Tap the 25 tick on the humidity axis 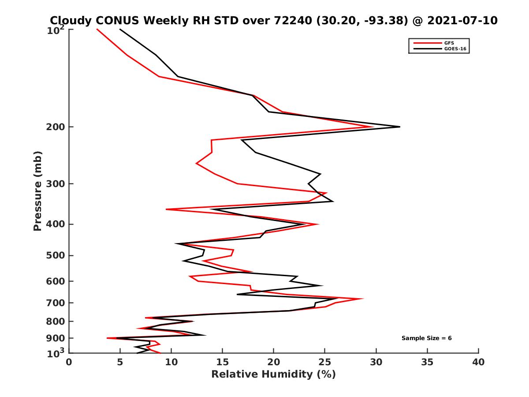pyautogui.click(x=325, y=363)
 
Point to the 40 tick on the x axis pyautogui.click(x=478, y=363)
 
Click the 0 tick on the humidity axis pyautogui.click(x=69, y=363)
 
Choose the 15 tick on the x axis pyautogui.click(x=223, y=363)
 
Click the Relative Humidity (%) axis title pyautogui.click(x=273, y=375)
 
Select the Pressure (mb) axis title pyautogui.click(x=38, y=191)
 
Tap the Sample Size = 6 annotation pyautogui.click(x=426, y=338)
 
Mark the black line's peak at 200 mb pyautogui.click(x=399, y=127)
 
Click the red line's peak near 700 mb pyautogui.click(x=363, y=299)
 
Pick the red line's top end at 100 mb pyautogui.click(x=97, y=29)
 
